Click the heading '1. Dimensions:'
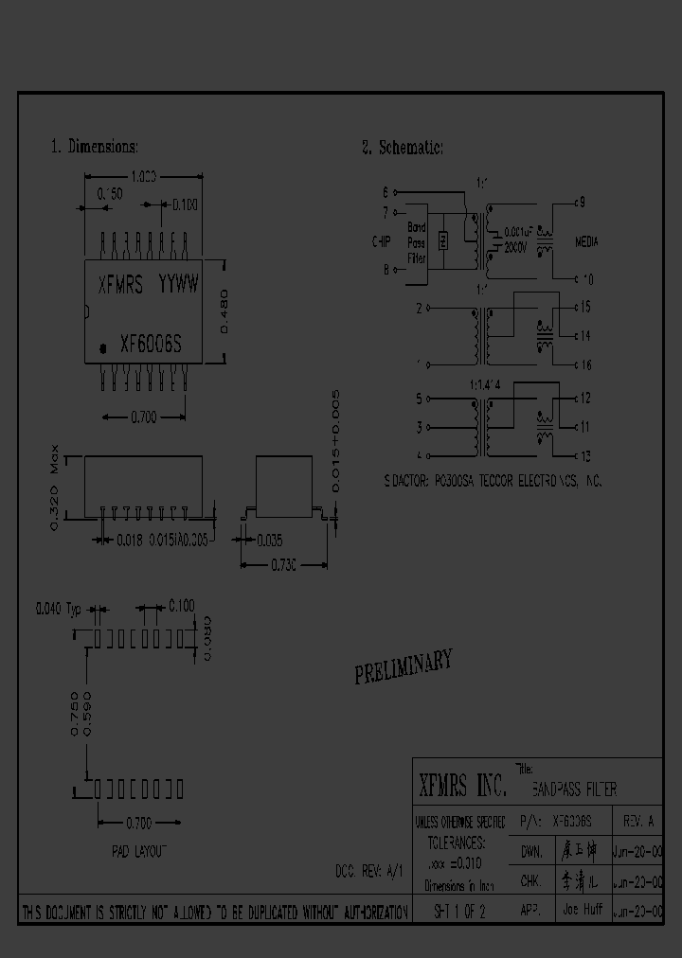click(x=95, y=147)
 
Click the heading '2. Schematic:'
click(x=403, y=147)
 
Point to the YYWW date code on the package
click(x=178, y=283)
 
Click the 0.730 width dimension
click(x=283, y=565)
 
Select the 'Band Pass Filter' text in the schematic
click(x=417, y=242)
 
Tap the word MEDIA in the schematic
click(x=587, y=241)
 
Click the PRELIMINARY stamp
click(x=403, y=666)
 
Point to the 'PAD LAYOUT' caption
click(x=138, y=851)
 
